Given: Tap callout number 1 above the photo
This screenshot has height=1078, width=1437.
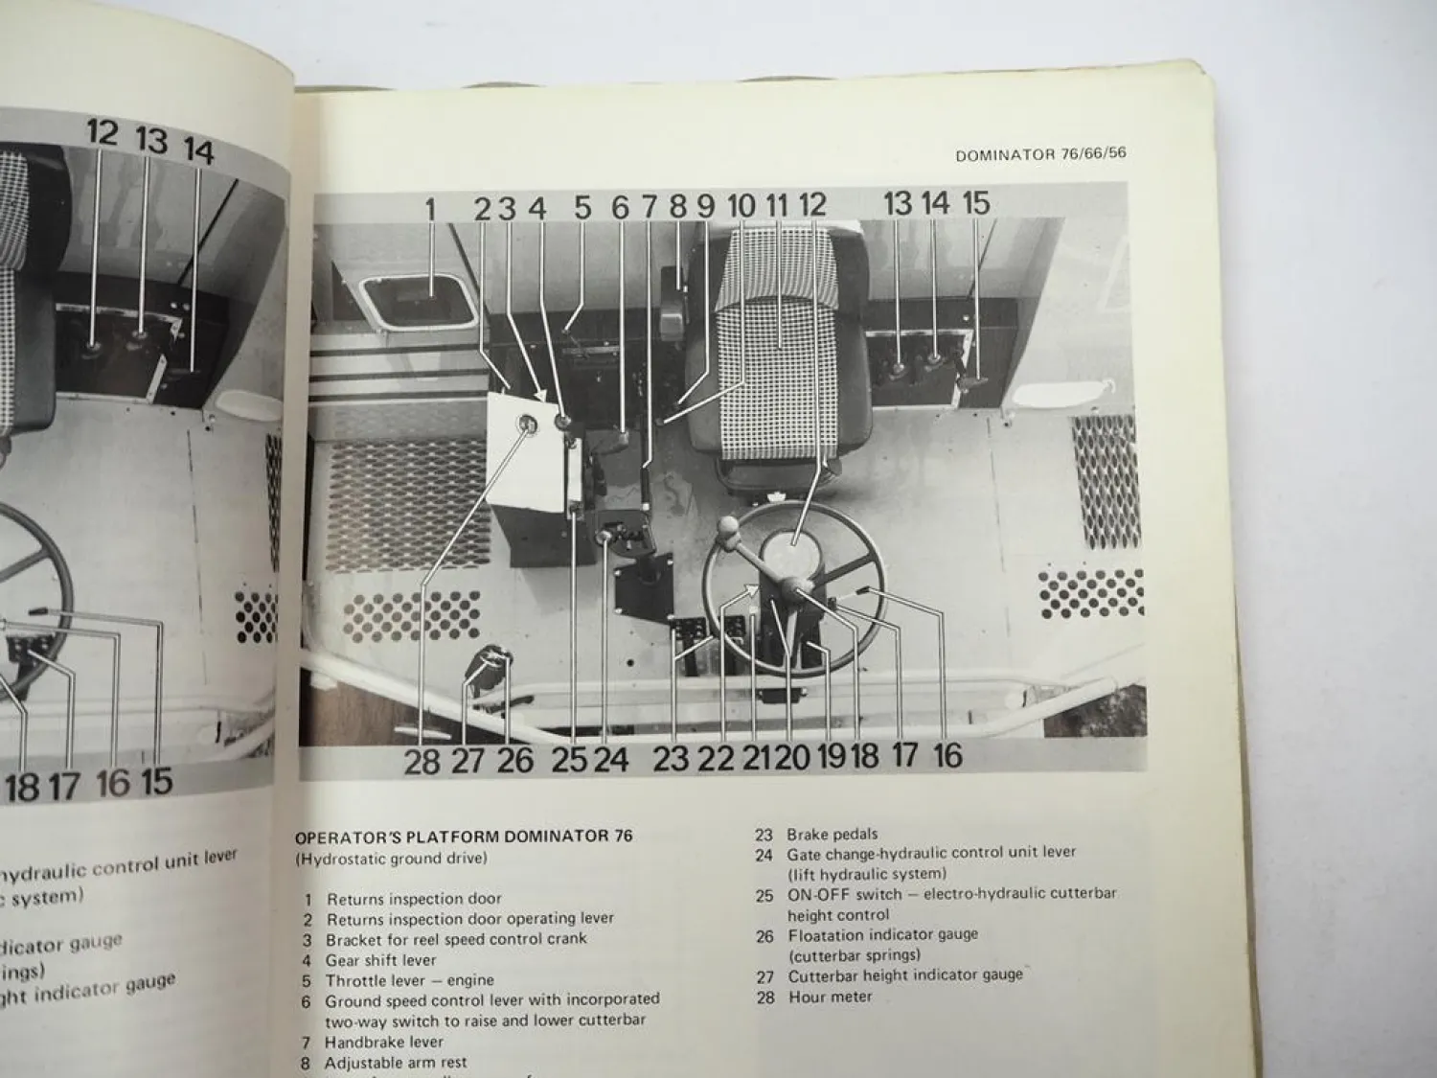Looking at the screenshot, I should click(430, 208).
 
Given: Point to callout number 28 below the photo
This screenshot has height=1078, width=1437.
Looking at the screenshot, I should click(422, 761).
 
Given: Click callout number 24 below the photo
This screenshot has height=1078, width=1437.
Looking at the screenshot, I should click(610, 759).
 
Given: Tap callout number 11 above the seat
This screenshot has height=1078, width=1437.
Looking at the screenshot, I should click(777, 204).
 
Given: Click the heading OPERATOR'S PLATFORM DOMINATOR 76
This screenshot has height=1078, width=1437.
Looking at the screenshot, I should click(464, 837).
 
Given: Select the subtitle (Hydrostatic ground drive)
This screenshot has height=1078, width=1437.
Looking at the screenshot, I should click(391, 859).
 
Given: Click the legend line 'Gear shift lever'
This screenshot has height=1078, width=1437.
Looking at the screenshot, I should click(380, 960).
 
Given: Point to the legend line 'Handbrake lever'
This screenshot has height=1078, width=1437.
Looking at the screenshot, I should click(383, 1043).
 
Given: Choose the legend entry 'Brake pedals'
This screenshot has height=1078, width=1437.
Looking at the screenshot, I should click(832, 835).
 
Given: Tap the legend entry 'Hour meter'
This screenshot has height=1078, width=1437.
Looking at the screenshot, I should click(830, 997).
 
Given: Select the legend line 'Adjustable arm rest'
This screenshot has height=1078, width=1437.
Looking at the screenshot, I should click(397, 1063).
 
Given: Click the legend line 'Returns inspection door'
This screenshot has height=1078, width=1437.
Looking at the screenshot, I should click(414, 899).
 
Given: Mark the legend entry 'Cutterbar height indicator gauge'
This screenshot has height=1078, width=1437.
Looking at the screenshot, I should click(905, 975).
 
